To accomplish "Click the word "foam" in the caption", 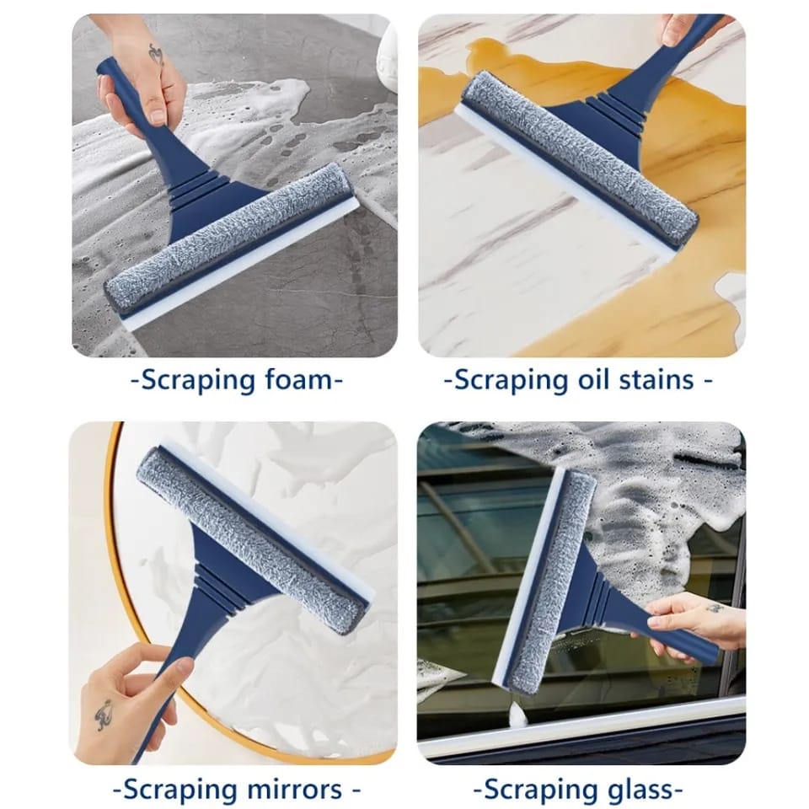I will [295, 380].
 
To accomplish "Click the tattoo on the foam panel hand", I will [156, 55].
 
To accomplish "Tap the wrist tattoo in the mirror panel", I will [104, 715].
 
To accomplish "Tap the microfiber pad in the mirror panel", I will [253, 539].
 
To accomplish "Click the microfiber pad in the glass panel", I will [552, 581].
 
